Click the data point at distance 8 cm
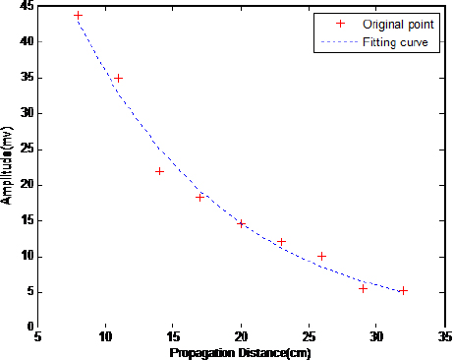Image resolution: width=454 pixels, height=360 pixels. [x=79, y=16]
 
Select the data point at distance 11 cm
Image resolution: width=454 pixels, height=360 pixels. [x=119, y=78]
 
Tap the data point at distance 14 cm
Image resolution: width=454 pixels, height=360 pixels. [x=159, y=171]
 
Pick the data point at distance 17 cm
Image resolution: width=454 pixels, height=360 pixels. [x=200, y=197]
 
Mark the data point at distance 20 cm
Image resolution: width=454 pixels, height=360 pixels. [x=241, y=223]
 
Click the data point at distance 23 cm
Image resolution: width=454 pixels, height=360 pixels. [x=281, y=241]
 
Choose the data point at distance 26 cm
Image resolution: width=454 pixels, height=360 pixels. [x=321, y=256]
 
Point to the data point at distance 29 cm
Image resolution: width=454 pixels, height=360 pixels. [x=363, y=288]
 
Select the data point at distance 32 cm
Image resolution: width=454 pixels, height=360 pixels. [x=403, y=290]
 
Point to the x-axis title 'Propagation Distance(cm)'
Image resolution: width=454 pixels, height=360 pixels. [x=241, y=352]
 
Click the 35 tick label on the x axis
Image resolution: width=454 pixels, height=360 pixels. [x=443, y=336]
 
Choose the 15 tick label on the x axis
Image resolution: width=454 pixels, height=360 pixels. [x=173, y=336]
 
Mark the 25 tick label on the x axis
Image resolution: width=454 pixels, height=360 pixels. [x=308, y=336]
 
